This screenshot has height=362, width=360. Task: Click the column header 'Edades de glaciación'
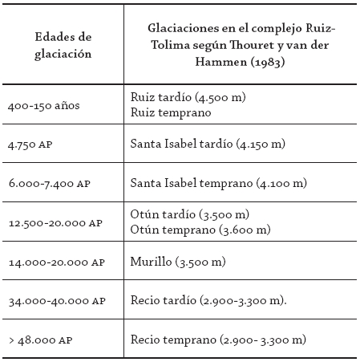[63, 46]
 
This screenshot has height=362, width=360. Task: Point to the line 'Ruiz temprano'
[170, 113]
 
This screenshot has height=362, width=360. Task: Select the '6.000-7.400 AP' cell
[48, 183]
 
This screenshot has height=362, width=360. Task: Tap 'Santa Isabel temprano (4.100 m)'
[218, 183]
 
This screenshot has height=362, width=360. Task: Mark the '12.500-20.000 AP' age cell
[55, 222]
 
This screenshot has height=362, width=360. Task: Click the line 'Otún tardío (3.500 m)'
[189, 214]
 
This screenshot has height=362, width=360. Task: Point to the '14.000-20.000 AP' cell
[55, 262]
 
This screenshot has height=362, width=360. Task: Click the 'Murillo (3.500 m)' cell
[177, 262]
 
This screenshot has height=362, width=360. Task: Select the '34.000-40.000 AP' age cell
[55, 301]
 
